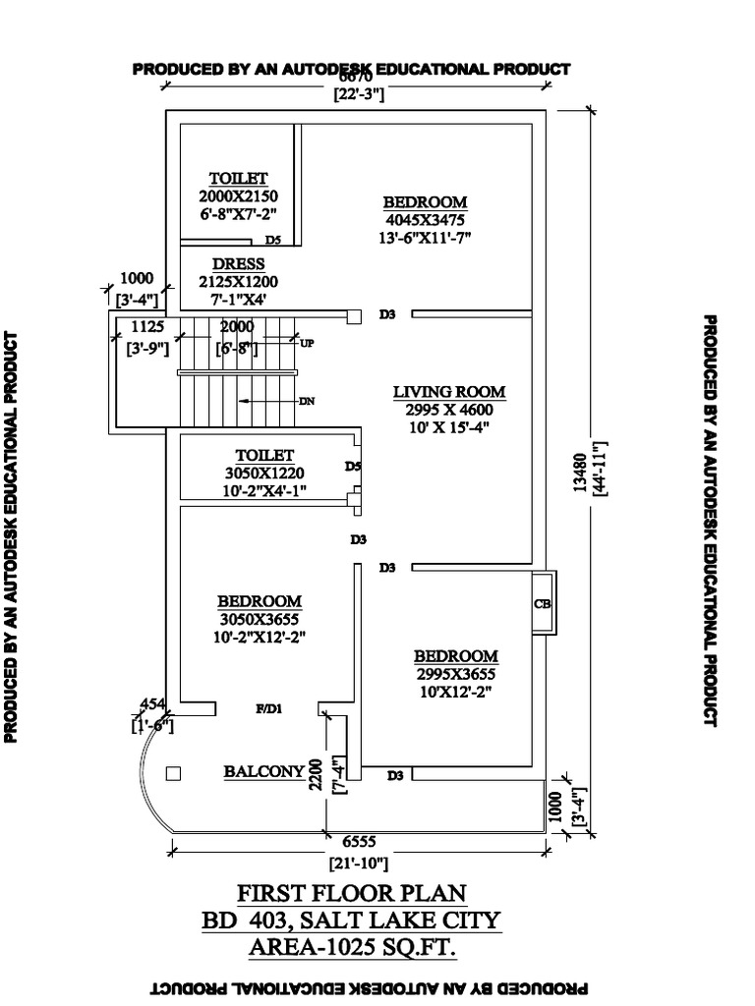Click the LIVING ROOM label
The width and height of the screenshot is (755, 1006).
click(449, 392)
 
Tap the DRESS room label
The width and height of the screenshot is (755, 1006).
click(238, 264)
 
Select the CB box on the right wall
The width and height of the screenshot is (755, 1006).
click(542, 604)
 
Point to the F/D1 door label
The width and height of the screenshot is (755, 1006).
click(269, 707)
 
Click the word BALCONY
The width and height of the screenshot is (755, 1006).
click(262, 772)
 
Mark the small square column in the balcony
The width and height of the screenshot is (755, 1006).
click(174, 773)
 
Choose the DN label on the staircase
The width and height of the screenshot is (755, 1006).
click(306, 401)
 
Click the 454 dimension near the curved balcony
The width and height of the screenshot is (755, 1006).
click(154, 702)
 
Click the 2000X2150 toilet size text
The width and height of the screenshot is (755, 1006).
click(238, 196)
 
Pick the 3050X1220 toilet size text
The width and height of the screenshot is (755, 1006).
click(264, 473)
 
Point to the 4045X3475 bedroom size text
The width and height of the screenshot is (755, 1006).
click(425, 220)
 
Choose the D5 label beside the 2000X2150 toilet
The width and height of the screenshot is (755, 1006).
click(273, 240)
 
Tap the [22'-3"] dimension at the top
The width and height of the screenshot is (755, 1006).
click(358, 95)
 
